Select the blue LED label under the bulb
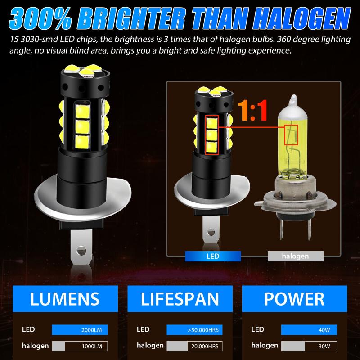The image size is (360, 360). coord(212,256)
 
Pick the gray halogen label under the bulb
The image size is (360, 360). coord(295,256)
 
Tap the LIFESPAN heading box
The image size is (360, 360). coord(180,298)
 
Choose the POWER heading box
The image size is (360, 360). coord(295,298)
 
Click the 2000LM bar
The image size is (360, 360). coord(81,330)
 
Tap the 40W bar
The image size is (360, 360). coord(310,330)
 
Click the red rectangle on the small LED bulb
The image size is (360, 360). coord(211,135)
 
